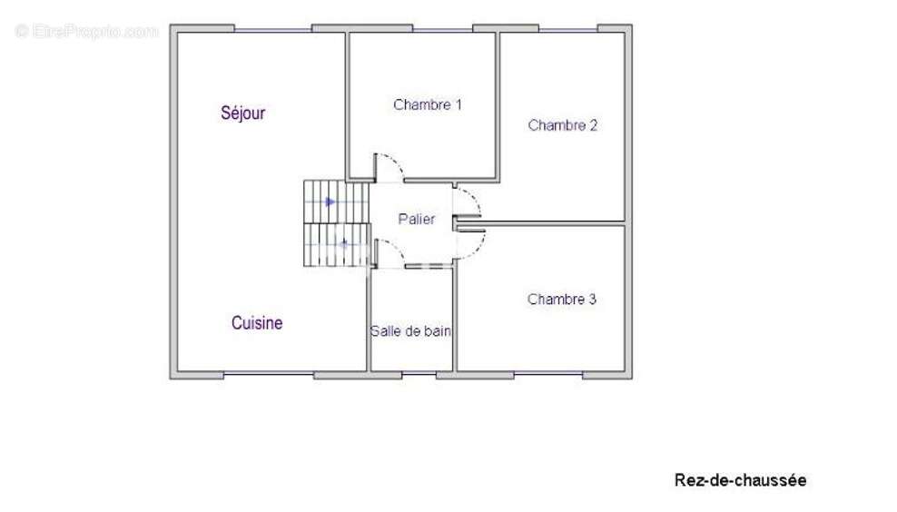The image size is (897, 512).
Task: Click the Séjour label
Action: [x=242, y=113]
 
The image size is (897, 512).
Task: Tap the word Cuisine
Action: [x=256, y=323]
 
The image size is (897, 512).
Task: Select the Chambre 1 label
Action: [x=428, y=105]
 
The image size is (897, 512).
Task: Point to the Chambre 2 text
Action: [x=562, y=126]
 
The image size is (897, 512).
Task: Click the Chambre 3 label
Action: [x=561, y=299]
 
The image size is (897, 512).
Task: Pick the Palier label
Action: [x=417, y=220]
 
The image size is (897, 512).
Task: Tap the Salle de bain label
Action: [x=411, y=332]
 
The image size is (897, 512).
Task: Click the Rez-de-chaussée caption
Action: [x=740, y=480]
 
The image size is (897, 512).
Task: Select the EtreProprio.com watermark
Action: [x=87, y=32]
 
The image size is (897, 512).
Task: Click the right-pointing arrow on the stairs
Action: [x=330, y=201]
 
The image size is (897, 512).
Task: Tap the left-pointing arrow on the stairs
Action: [x=343, y=242]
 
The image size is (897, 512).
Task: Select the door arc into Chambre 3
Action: [x=472, y=240]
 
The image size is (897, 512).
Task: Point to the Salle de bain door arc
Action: [x=386, y=252]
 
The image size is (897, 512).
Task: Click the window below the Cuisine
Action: [x=268, y=374]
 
